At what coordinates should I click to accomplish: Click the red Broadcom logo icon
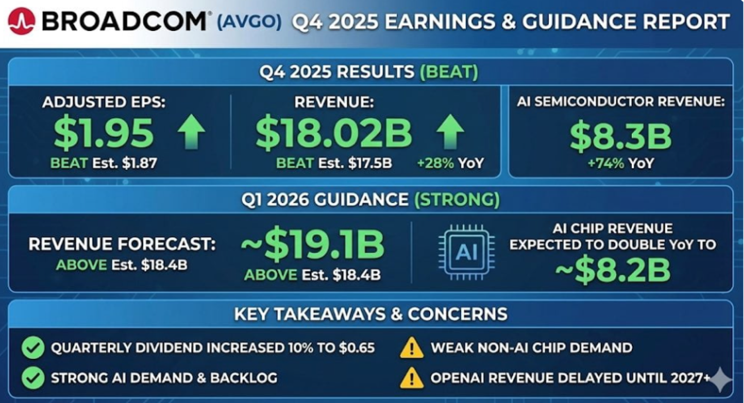pyautogui.click(x=22, y=21)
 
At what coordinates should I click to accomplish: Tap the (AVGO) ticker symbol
pyautogui.click(x=249, y=22)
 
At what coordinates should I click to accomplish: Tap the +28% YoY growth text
pyautogui.click(x=450, y=163)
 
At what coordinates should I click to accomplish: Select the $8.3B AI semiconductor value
pyautogui.click(x=621, y=137)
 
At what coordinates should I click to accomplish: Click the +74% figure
pyautogui.click(x=605, y=163)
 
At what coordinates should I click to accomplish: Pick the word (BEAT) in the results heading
pyautogui.click(x=449, y=71)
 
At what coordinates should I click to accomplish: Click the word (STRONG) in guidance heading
pyautogui.click(x=457, y=200)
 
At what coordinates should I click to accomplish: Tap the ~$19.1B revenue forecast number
pyautogui.click(x=312, y=245)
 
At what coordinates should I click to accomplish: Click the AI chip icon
pyautogui.click(x=466, y=252)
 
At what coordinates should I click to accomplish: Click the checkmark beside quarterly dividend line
pyautogui.click(x=33, y=347)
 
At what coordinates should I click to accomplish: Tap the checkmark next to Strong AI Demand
pyautogui.click(x=33, y=378)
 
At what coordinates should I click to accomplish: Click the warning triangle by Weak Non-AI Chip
pyautogui.click(x=411, y=348)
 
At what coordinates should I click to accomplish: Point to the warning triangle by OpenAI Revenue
pyautogui.click(x=411, y=378)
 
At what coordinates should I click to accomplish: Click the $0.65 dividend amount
pyautogui.click(x=357, y=348)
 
